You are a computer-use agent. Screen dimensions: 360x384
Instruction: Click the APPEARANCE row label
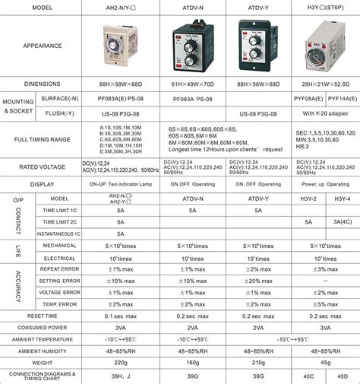43,46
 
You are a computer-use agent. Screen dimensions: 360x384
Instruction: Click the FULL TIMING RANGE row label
43,140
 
